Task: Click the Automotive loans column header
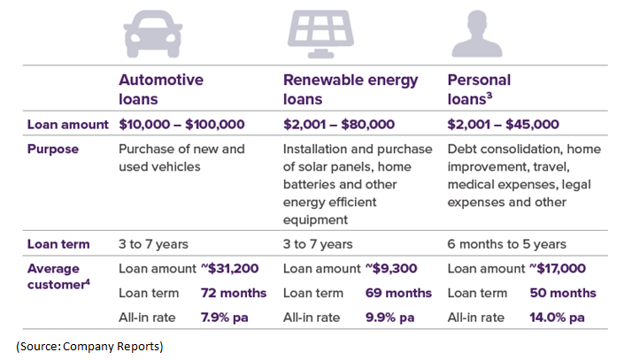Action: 161,88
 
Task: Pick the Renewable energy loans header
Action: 351,88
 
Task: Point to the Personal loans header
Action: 480,88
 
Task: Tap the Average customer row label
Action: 53,277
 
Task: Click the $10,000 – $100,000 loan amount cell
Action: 181,125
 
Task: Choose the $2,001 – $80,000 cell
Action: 339,125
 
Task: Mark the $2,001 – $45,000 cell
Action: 504,125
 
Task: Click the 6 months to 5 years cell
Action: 507,244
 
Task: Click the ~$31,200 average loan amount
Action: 232,269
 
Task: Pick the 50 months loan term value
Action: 563,293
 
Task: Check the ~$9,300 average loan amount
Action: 393,269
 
